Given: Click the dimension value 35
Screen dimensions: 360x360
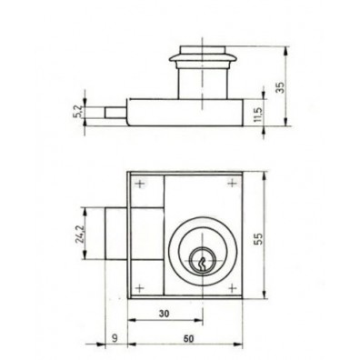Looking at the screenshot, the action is click(x=282, y=87).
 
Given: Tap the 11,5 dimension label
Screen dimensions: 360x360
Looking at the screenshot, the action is click(x=258, y=114).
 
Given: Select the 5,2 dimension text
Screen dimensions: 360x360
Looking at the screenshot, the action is click(x=77, y=112).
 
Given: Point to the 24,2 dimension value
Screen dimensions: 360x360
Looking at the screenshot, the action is click(x=79, y=234).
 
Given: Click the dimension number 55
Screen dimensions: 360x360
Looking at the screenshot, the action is click(x=258, y=238).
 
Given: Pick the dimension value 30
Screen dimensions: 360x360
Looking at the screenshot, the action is click(x=165, y=314).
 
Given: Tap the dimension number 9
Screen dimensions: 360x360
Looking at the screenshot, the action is click(x=115, y=337).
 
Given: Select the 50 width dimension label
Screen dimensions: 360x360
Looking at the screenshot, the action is click(x=188, y=338).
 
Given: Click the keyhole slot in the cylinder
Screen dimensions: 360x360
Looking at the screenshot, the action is click(x=202, y=265).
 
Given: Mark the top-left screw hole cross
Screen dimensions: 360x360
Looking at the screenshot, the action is click(x=140, y=184).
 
